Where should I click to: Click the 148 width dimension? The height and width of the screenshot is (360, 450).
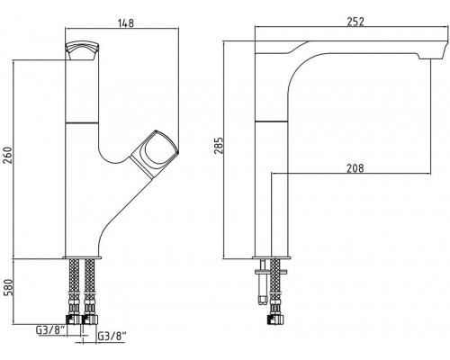(126, 22)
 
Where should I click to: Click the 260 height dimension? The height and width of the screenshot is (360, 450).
(8, 155)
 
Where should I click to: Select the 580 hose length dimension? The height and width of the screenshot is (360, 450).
(8, 287)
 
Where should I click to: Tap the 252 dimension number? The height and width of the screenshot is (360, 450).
(355, 22)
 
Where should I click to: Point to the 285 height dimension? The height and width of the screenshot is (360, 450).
(220, 146)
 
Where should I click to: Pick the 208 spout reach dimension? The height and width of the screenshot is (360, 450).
(355, 168)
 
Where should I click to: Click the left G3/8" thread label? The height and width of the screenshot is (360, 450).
(50, 330)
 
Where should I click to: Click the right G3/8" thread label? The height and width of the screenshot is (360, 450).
(112, 337)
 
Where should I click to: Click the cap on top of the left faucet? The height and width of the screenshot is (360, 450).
(83, 50)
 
